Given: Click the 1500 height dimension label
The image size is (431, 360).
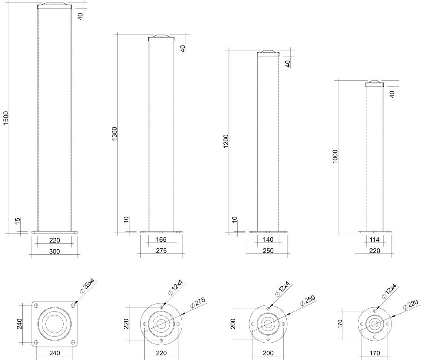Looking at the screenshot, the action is [x=6, y=118].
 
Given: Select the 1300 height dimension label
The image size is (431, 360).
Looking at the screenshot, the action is [x=114, y=133].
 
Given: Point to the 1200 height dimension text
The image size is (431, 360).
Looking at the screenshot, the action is [x=226, y=141].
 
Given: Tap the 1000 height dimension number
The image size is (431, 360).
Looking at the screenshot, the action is [x=335, y=157].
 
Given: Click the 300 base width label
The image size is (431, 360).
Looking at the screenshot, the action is [x=54, y=251].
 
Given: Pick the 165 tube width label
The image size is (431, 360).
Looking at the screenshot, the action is [x=161, y=240].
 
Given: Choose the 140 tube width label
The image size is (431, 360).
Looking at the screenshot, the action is [x=268, y=240].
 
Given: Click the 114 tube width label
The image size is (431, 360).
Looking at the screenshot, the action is [x=375, y=240].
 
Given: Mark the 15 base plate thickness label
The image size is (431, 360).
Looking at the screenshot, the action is [x=18, y=221].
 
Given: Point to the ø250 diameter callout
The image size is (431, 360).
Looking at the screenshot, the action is [x=308, y=301].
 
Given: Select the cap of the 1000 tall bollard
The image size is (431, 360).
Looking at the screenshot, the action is [x=374, y=84].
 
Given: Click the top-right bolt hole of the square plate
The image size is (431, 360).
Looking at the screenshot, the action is [x=73, y=306].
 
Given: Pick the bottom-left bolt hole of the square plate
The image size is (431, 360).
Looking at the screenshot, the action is [x=36, y=342].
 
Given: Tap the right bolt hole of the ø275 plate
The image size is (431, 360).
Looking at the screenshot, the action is [x=178, y=324].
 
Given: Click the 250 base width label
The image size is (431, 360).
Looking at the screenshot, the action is [x=268, y=251].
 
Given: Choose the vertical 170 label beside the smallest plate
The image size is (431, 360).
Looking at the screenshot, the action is [x=340, y=324].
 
